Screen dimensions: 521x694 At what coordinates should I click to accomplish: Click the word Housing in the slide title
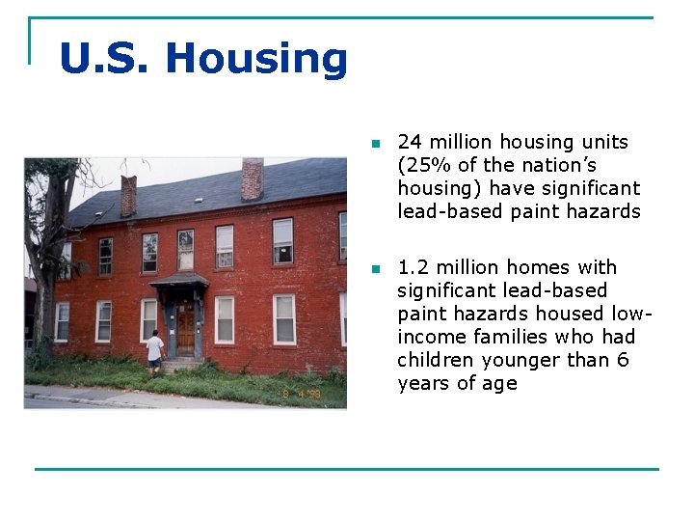(256, 59)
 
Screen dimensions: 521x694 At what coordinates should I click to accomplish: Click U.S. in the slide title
(106, 59)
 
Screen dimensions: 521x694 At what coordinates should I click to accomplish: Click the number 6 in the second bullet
(623, 361)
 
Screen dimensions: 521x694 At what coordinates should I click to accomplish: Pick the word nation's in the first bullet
(557, 166)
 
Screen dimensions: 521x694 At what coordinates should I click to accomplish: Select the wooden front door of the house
(185, 329)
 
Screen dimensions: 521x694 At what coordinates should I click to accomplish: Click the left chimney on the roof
(128, 196)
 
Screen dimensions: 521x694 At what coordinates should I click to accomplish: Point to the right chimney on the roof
(253, 178)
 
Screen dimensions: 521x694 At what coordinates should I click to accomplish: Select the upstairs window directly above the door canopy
(185, 249)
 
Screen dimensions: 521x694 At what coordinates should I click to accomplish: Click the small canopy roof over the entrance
(180, 280)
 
